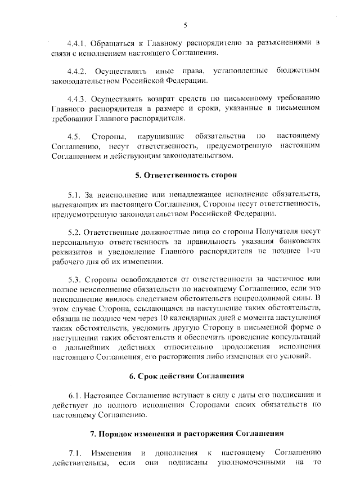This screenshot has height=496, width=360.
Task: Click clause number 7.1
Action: [75, 453]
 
